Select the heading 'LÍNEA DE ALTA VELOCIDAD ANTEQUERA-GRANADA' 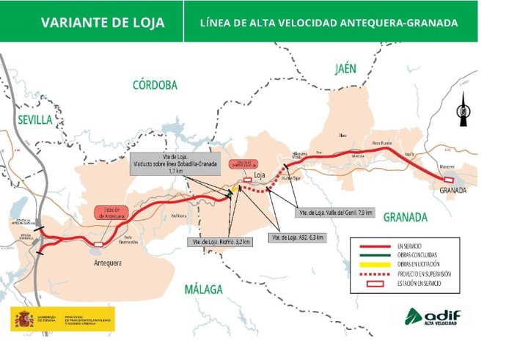[x=329, y=23]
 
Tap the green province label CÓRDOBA [x=155, y=85]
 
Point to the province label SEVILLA [x=34, y=119]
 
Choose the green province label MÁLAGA [x=203, y=289]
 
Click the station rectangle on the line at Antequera [x=98, y=244]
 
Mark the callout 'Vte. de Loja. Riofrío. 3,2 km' [x=221, y=241]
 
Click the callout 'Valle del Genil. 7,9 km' [x=334, y=213]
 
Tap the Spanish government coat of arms [x=23, y=319]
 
